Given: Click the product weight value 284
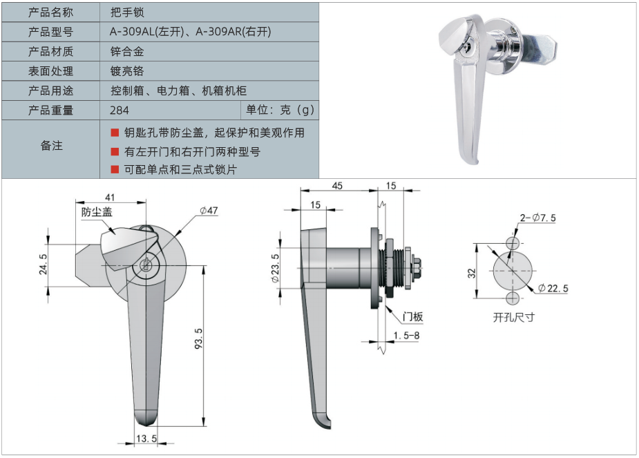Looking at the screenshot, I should pyautogui.click(x=120, y=110).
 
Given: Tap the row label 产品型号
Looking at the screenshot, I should pyautogui.click(x=50, y=32).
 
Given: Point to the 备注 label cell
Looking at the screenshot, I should pyautogui.click(x=50, y=146).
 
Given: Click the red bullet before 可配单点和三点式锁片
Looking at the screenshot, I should pyautogui.click(x=115, y=169).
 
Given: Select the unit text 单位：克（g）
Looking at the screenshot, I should pyautogui.click(x=280, y=110).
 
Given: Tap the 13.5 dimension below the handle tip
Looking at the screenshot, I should pyautogui.click(x=146, y=439).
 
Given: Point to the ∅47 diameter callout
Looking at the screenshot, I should pyautogui.click(x=209, y=211).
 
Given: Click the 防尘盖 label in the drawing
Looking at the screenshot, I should pyautogui.click(x=97, y=213).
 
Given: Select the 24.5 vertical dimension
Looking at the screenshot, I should pyautogui.click(x=42, y=265).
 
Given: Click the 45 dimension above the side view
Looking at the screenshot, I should pyautogui.click(x=337, y=186).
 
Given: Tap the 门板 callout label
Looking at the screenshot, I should pyautogui.click(x=412, y=317).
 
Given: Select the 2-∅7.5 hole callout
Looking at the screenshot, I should pyautogui.click(x=537, y=218).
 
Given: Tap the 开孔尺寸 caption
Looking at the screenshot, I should pyautogui.click(x=513, y=317).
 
